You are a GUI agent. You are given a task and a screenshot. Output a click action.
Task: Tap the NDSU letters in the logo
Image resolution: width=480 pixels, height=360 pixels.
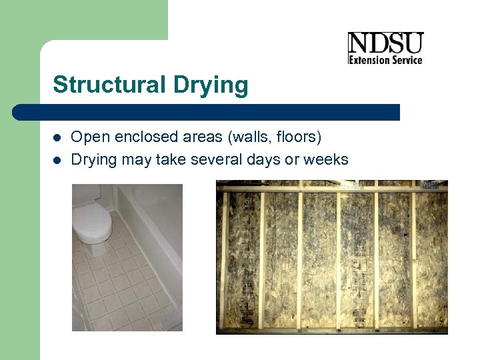pos(385,44)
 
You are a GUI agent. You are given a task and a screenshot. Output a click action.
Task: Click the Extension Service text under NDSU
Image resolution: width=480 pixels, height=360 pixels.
pos(386,60)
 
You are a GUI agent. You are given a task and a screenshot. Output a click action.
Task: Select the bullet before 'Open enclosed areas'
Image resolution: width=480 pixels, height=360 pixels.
pos(57,138)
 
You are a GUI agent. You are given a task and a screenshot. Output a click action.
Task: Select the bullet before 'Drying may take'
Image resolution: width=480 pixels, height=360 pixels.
pos(57,160)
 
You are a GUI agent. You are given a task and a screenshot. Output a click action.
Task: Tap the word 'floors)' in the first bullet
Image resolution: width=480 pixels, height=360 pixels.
pos(299,138)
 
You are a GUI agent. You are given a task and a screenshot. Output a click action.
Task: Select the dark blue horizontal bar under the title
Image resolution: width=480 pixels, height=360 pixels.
pos(207,112)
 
